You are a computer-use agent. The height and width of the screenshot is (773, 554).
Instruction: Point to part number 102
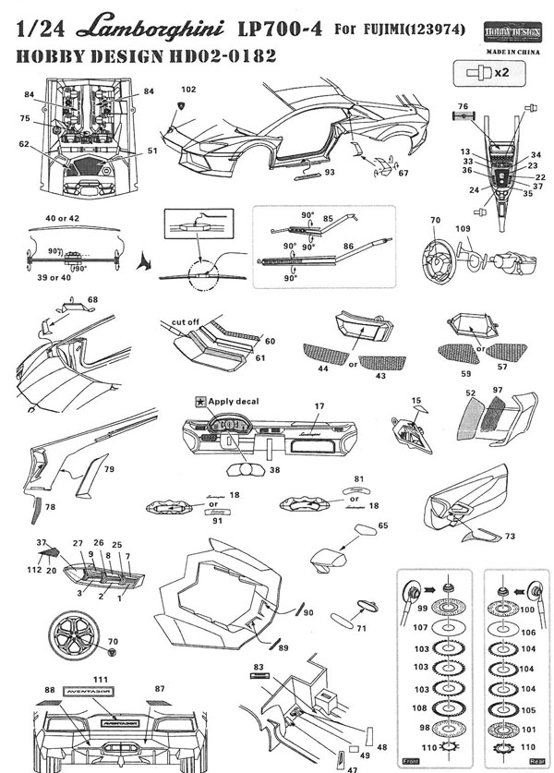coord(189,90)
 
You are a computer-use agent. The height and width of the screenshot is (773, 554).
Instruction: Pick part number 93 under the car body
coord(329,172)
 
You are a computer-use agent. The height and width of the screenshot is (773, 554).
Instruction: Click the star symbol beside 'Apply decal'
coord(199,402)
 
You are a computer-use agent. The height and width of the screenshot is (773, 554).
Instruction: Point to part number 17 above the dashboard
coord(319,405)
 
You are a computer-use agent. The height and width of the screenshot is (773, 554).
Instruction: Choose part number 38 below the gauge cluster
coord(273,470)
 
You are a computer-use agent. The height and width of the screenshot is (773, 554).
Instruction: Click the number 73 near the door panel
coord(510,536)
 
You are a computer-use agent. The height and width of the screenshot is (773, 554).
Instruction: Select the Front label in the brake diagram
coord(411,761)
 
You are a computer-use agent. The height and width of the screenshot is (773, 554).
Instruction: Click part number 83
coord(259,666)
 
